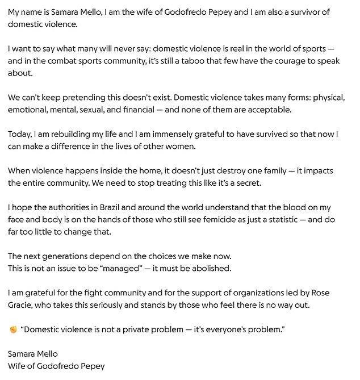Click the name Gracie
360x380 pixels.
tap(23, 304)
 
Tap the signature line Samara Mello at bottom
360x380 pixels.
tap(33, 354)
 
